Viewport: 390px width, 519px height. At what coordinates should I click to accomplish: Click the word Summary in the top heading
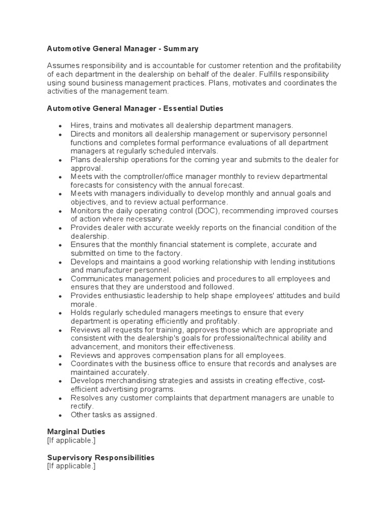coord(180,49)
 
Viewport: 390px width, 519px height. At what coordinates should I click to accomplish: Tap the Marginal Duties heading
coord(76,431)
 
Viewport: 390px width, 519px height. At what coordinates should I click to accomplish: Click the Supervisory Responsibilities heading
coord(101,457)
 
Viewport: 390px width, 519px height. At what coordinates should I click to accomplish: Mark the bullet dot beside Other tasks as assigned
coord(60,416)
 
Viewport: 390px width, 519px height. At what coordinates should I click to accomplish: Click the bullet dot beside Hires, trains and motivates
coord(60,126)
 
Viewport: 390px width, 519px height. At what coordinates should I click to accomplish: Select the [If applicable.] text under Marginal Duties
coord(71,440)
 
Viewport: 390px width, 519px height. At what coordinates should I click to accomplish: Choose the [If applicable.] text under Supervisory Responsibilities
coord(71,466)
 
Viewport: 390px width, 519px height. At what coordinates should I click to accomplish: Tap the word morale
coord(83,304)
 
